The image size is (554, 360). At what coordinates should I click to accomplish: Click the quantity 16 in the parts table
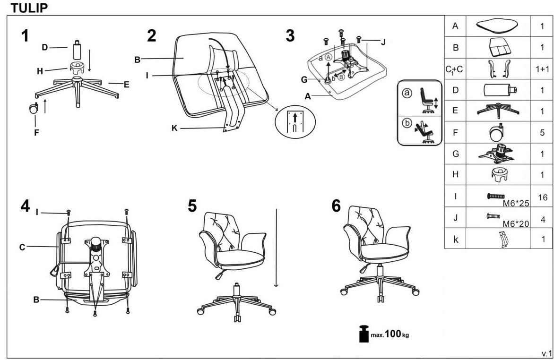pos(542,197)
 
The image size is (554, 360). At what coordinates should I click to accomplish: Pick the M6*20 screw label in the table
pos(514,223)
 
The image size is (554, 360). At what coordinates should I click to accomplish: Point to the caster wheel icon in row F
pos(498,132)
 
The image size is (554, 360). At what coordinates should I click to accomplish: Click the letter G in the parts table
pos(455,154)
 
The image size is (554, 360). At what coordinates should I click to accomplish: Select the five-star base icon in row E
pos(498,110)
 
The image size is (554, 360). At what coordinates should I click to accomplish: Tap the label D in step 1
pos(45,47)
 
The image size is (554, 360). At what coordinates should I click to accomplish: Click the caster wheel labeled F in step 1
pos(34,109)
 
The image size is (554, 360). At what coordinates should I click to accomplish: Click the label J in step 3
pos(383,42)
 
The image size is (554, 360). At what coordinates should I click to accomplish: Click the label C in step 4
pos(22,247)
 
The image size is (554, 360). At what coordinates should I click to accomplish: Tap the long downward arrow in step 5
pos(276,248)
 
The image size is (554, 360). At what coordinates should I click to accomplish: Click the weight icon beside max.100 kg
pos(363,334)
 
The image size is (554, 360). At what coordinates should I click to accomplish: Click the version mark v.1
pos(546,353)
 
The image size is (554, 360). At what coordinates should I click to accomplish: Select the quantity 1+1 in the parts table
pos(542,69)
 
